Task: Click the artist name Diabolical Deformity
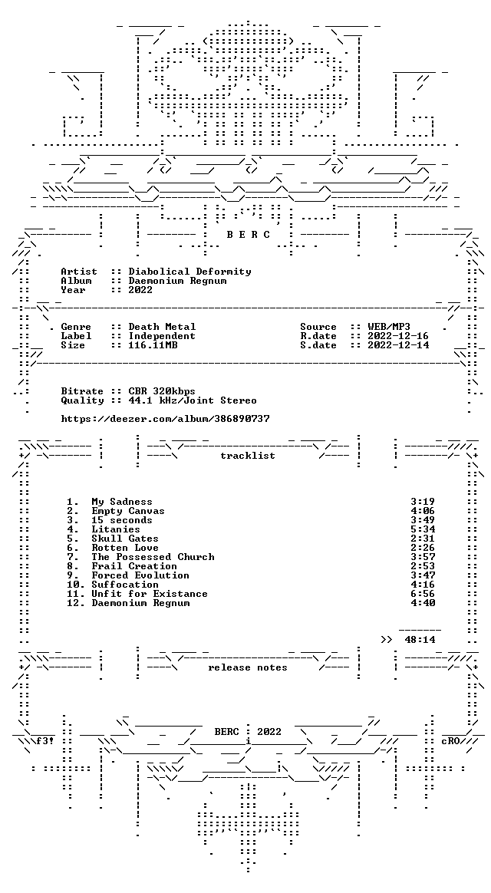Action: (x=189, y=272)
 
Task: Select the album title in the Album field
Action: (x=177, y=281)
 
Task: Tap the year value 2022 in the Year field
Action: (x=140, y=290)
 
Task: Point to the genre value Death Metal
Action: (x=162, y=327)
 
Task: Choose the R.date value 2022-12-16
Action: (x=398, y=336)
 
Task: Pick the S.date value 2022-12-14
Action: (x=398, y=345)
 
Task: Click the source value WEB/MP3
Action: (x=389, y=327)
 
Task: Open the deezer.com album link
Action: (x=165, y=419)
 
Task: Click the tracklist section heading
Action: (x=248, y=456)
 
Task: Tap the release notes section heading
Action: (x=248, y=667)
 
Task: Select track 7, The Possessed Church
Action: (x=153, y=557)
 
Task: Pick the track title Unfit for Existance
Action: (x=150, y=594)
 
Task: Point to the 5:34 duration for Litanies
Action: (x=423, y=529)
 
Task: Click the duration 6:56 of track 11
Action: (x=423, y=594)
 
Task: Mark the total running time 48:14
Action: (x=420, y=640)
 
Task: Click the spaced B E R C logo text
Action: (x=249, y=235)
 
